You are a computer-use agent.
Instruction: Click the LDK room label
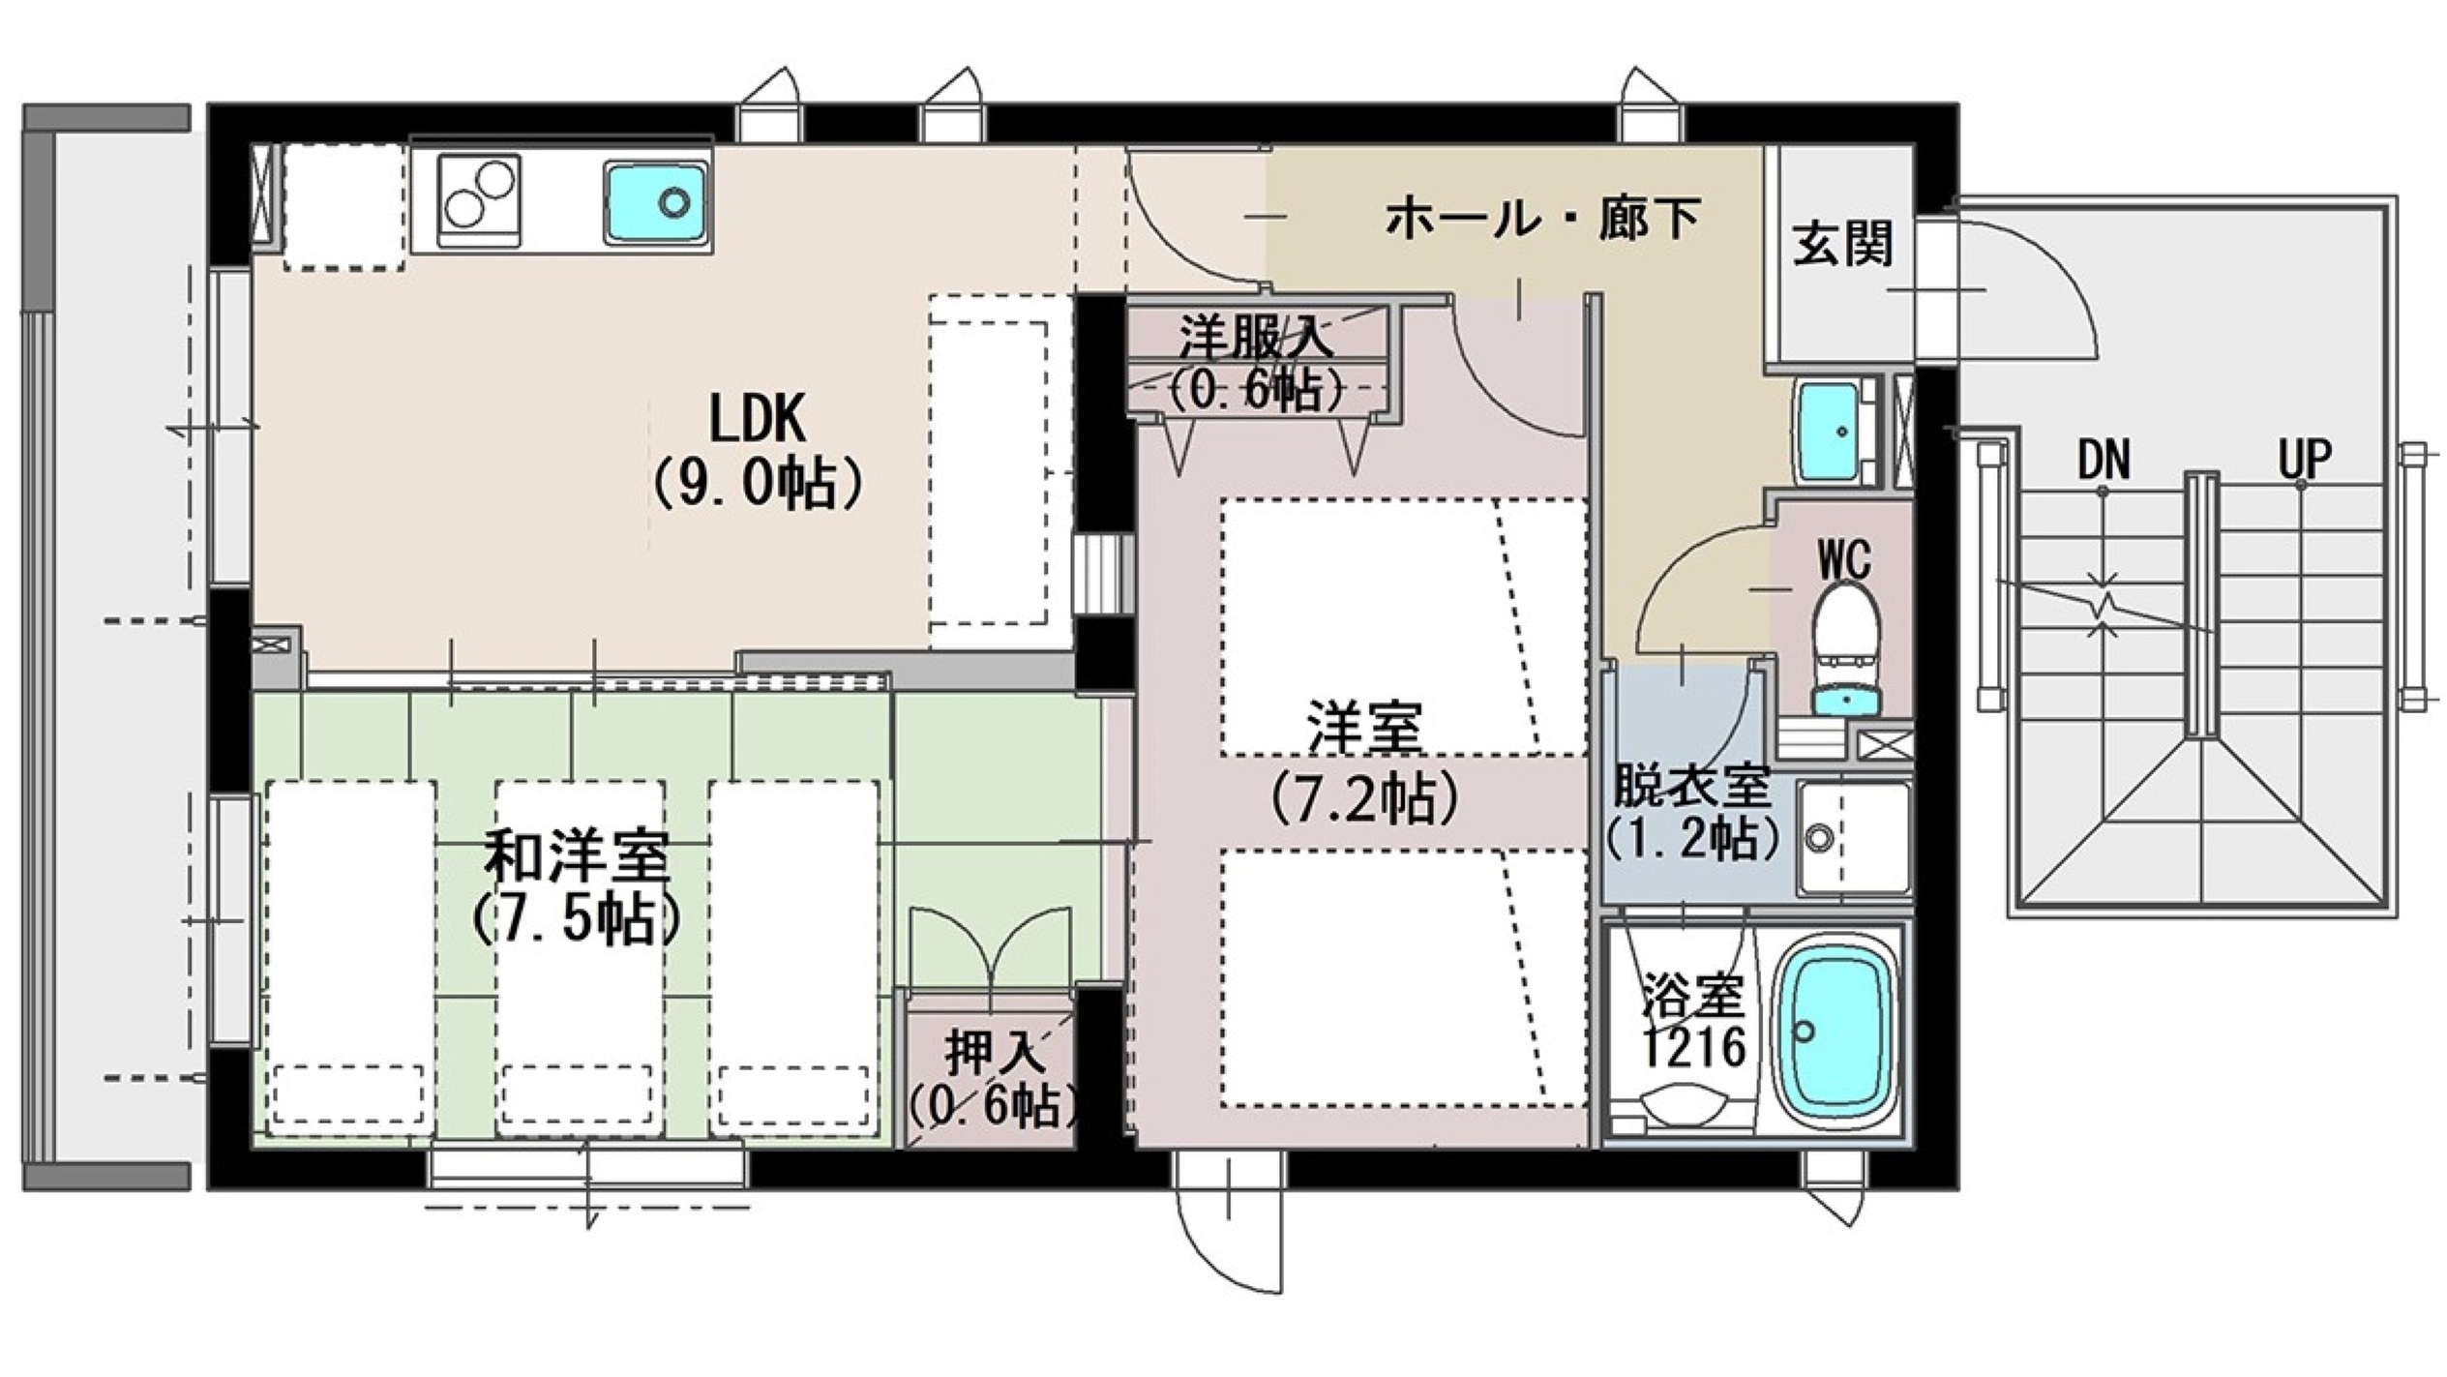point(757,418)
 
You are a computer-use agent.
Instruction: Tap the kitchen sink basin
point(656,200)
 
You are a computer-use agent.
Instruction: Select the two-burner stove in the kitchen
point(479,200)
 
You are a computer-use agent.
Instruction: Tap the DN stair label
point(2104,461)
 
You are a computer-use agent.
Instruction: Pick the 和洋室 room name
point(577,857)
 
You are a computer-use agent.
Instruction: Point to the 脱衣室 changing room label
point(1690,788)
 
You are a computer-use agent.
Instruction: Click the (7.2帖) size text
point(1364,797)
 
